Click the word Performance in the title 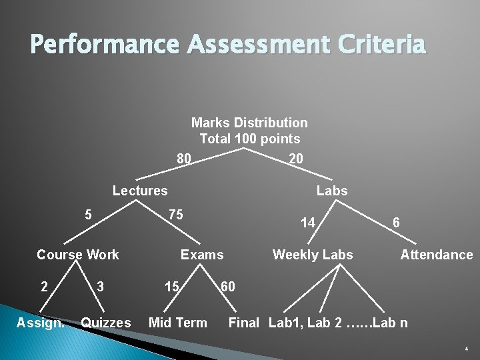tap(104, 45)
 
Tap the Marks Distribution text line tap(249, 123)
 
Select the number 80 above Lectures tap(184, 159)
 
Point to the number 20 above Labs tap(295, 158)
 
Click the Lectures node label tap(140, 191)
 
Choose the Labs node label tap(332, 191)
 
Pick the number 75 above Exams tap(175, 215)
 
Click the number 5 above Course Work tap(88, 215)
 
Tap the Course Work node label tap(77, 255)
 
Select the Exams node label tap(202, 255)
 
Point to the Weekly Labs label tap(313, 255)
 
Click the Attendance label tap(436, 255)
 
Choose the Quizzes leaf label tap(105, 323)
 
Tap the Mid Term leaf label tap(177, 323)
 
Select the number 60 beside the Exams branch tap(227, 287)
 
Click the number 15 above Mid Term tap(171, 287)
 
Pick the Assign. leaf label tap(41, 323)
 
